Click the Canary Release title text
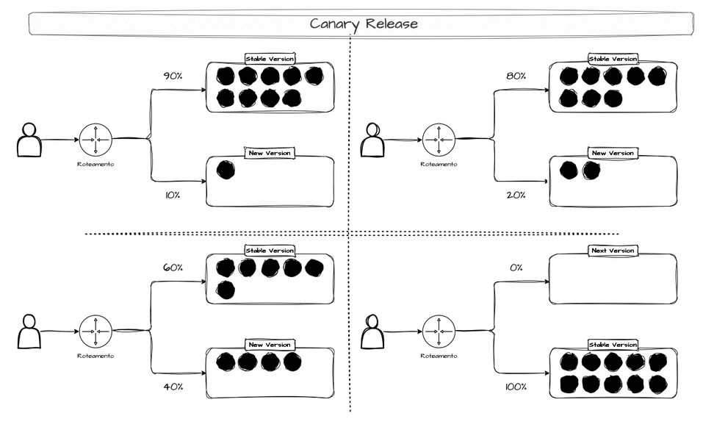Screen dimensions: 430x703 coord(363,24)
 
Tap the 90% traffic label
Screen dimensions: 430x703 coord(173,75)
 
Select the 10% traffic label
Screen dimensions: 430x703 coord(173,196)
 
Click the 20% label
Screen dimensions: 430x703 coord(515,196)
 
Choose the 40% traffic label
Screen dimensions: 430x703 coord(173,387)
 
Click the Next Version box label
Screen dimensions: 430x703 coord(613,251)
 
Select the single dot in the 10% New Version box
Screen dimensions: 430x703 coord(226,171)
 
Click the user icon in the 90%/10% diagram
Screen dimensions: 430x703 coord(29,140)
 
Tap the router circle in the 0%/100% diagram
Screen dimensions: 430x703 coord(439,332)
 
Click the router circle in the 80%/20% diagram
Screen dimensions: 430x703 coord(439,140)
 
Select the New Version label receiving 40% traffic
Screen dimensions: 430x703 coord(270,345)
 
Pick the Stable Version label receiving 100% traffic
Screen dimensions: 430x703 coord(613,345)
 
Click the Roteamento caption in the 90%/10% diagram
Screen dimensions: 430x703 coord(95,164)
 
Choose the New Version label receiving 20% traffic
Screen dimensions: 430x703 coord(613,153)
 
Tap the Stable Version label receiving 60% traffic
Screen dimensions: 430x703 coord(270,251)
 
